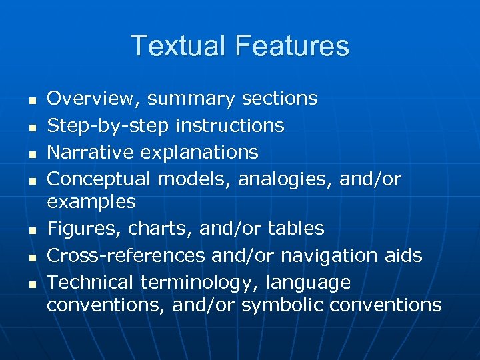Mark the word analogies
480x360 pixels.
point(279,179)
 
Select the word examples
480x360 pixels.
point(91,202)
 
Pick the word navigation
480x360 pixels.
point(323,256)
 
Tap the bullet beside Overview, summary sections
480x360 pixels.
point(31,100)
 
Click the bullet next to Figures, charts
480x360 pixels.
point(31,230)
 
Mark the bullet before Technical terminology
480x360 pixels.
point(31,283)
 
